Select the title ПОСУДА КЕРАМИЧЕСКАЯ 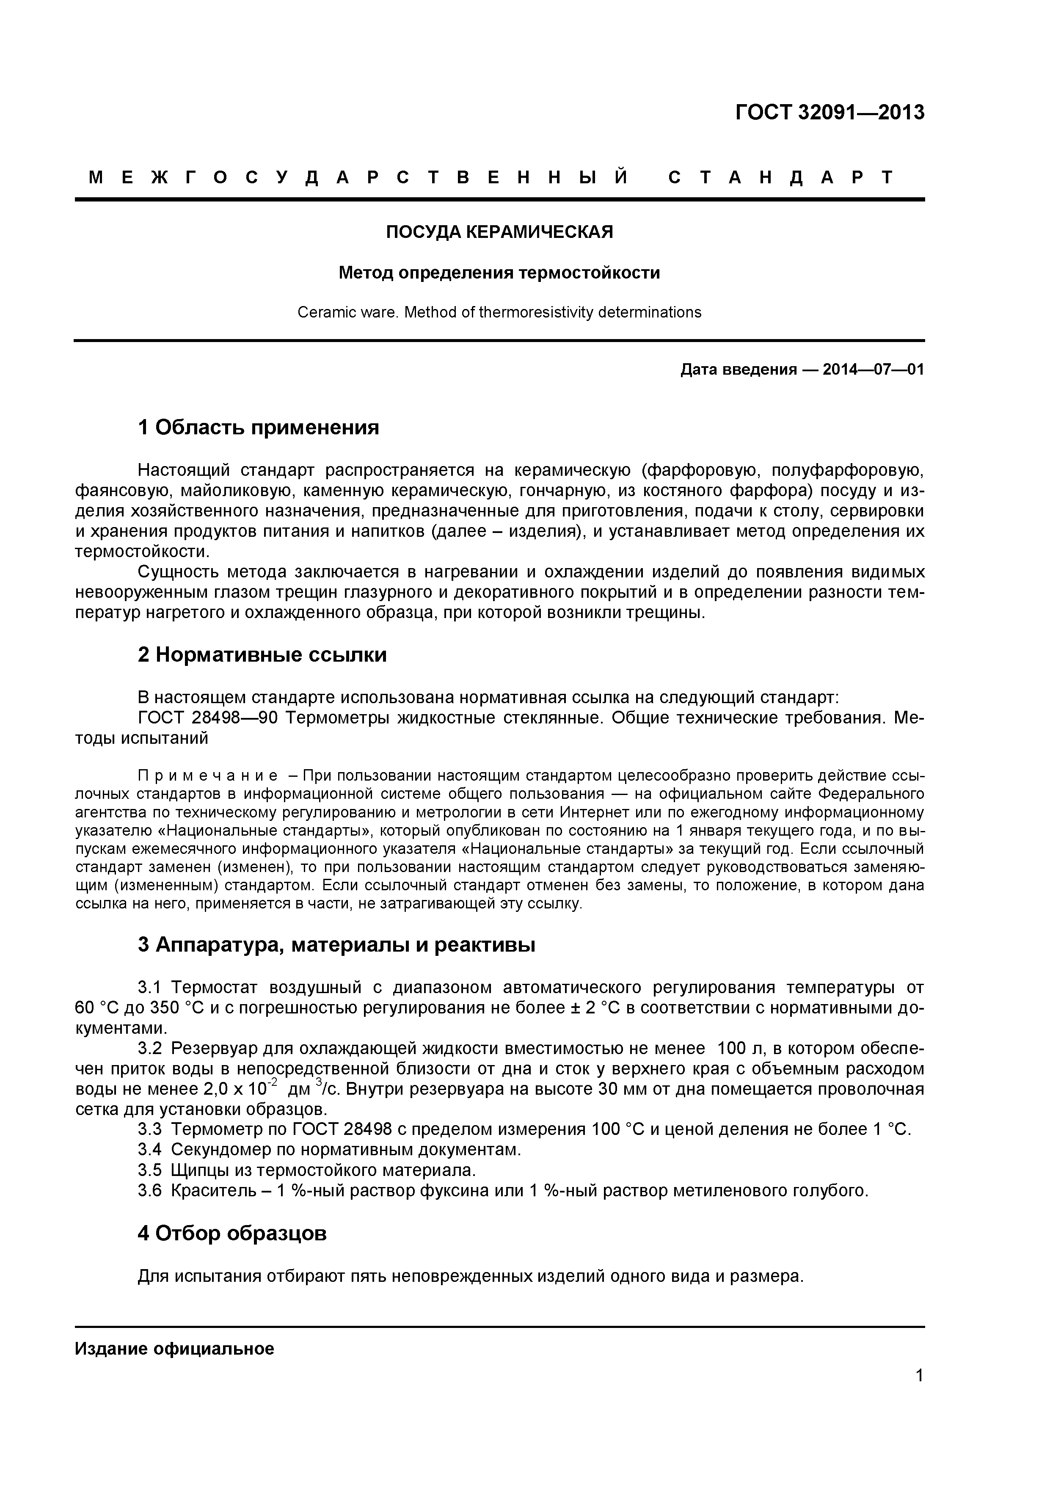[x=499, y=232]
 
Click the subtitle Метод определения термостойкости [x=499, y=273]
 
